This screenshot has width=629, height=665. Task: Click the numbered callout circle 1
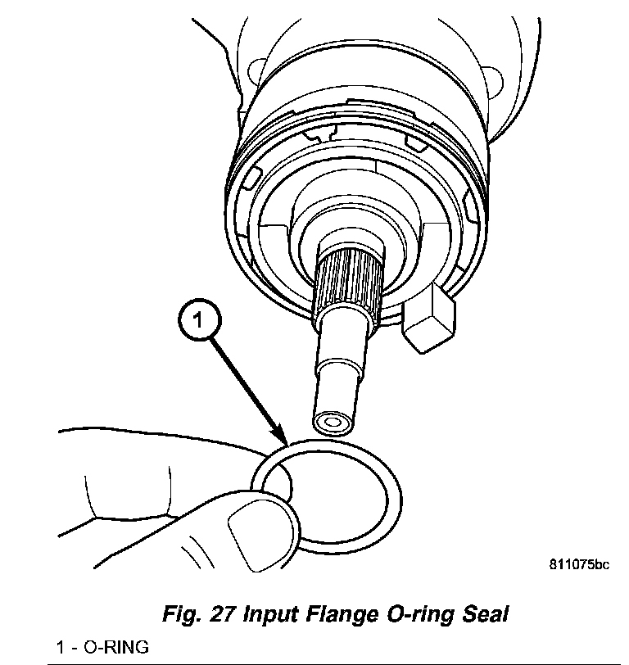tap(200, 319)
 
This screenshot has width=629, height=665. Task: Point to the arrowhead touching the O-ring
tap(282, 439)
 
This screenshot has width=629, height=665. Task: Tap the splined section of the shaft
tap(349, 282)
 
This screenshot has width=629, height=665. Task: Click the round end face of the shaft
tap(333, 423)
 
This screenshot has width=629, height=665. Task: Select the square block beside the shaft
tap(428, 317)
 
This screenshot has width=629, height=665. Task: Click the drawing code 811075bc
tap(579, 564)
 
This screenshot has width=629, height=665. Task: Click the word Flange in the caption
tap(342, 614)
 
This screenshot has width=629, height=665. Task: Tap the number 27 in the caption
tap(223, 614)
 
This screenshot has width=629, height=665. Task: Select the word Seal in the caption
tap(485, 614)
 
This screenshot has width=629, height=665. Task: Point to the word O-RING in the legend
tap(115, 648)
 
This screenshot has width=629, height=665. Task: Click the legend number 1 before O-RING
tap(61, 648)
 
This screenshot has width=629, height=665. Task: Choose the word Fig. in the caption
tap(183, 615)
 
